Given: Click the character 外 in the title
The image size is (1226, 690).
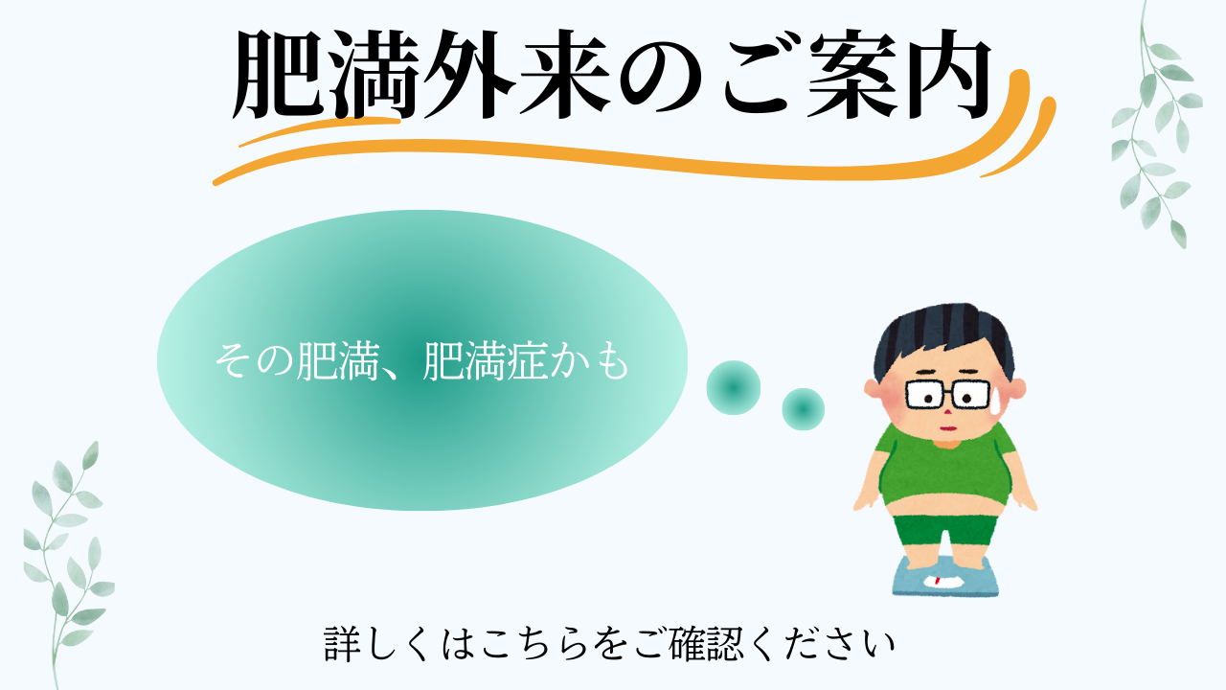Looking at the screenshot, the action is coord(469,74).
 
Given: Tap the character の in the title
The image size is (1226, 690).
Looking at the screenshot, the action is coord(661,76).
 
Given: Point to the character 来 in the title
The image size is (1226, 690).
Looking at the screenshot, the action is coord(565,74).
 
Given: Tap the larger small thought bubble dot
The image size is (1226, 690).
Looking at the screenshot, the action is coord(734,387).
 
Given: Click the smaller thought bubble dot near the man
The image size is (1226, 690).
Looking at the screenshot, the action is coord(803,409).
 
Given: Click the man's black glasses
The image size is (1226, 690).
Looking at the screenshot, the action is coord(948,394).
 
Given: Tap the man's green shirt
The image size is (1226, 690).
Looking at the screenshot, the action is coord(945,466).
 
